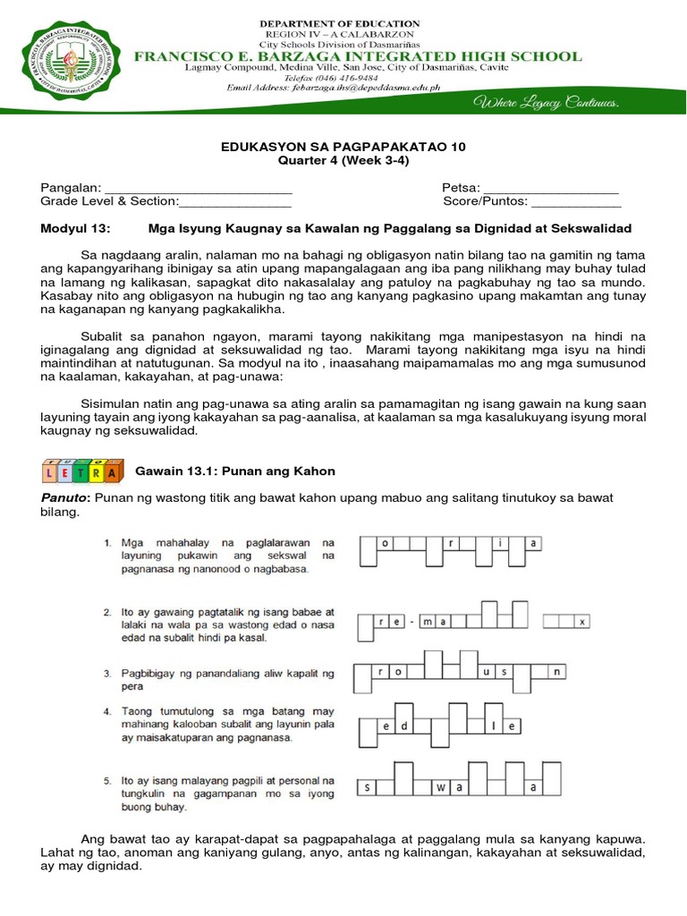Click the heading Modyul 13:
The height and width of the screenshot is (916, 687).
[75, 229]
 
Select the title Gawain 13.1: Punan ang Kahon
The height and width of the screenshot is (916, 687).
[234, 471]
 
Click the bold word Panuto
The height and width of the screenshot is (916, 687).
[64, 497]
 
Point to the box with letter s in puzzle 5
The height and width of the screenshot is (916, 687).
[365, 788]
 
